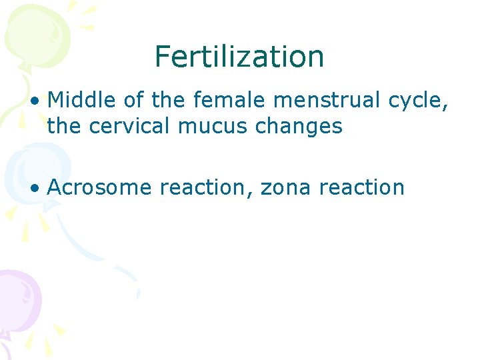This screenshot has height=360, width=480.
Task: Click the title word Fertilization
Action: tap(239, 57)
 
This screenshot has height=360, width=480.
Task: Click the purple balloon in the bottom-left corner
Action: tap(17, 297)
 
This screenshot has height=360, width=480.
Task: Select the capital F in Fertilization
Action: tap(162, 57)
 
